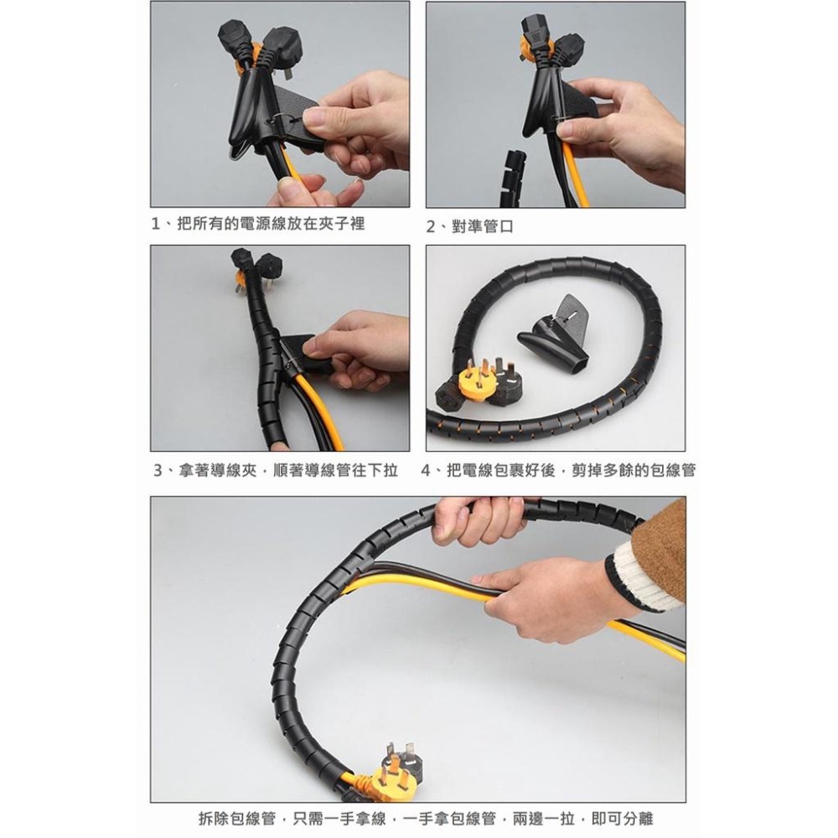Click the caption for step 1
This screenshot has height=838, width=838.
pos(257,224)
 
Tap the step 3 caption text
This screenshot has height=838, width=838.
pos(276,470)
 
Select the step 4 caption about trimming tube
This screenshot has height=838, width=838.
pos(558,470)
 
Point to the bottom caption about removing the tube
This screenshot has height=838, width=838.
pos(426,818)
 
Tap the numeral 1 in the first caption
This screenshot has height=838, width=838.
pos(156,224)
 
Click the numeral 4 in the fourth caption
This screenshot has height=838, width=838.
pos(427,471)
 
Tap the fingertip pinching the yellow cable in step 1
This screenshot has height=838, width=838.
pos(289,185)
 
